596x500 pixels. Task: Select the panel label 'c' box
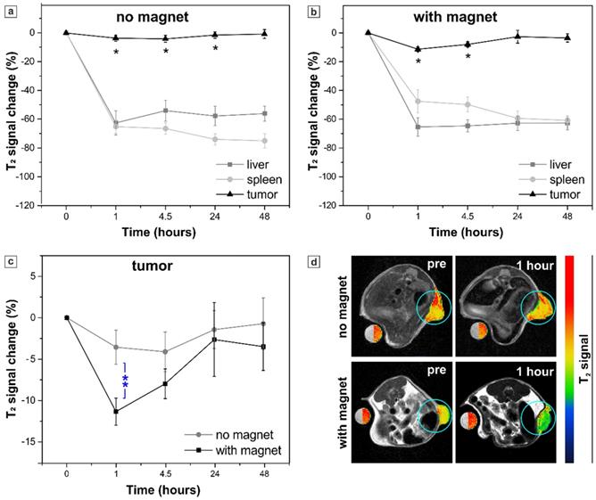(x=9, y=262)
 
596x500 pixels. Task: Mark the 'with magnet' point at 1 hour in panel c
(x=116, y=411)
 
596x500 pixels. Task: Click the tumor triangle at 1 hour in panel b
(x=418, y=49)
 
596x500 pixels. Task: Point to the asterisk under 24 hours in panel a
(x=215, y=48)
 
